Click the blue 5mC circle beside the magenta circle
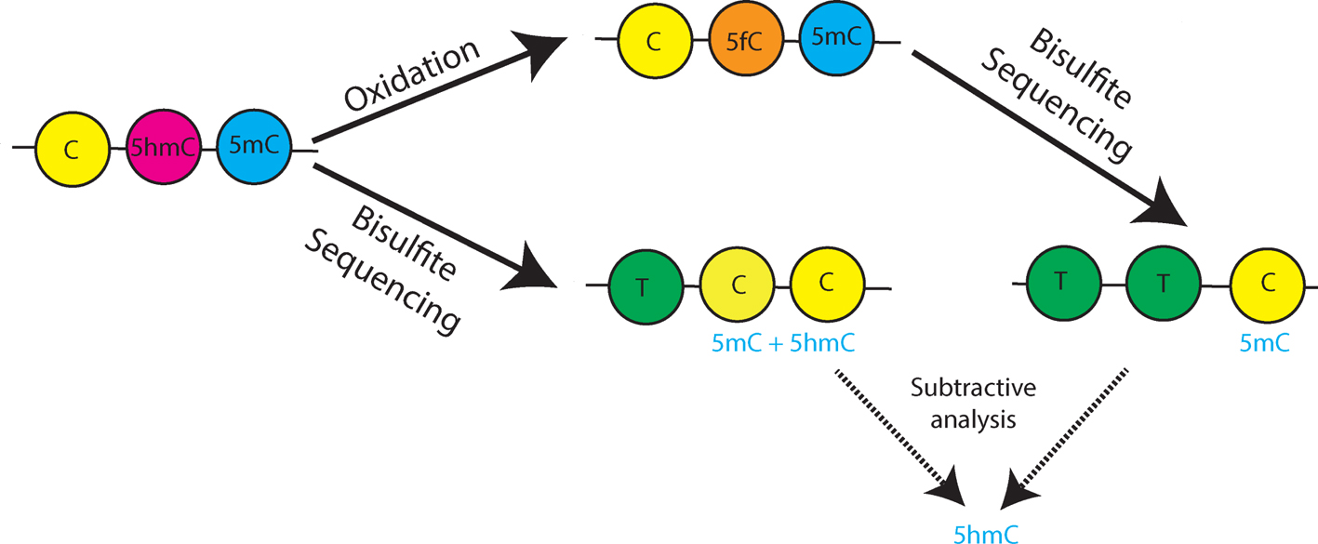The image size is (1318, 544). (x=253, y=147)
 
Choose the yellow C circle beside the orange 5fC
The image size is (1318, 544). (x=654, y=43)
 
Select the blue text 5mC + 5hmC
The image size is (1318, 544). (x=783, y=343)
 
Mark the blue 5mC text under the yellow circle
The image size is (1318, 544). (x=1264, y=344)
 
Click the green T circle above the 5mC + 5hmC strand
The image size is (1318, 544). (x=645, y=285)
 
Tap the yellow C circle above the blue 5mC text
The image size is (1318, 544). (x=1267, y=285)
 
